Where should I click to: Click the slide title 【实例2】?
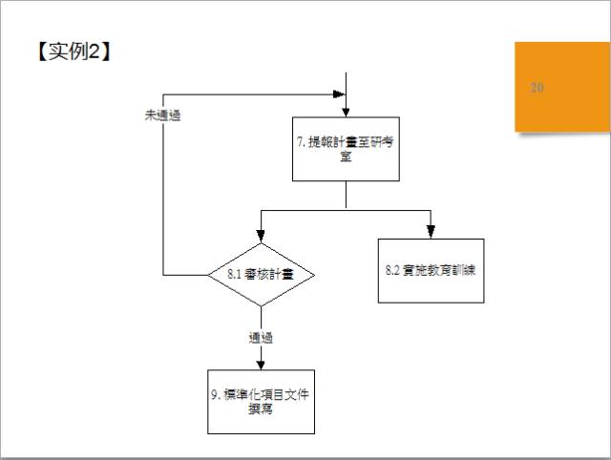click(74, 52)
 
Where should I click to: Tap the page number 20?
click(537, 88)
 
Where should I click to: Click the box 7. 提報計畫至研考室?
click(345, 149)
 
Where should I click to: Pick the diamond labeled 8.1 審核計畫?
click(261, 274)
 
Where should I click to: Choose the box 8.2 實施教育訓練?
click(431, 270)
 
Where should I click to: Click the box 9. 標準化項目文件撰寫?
click(261, 401)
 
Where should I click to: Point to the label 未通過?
click(162, 115)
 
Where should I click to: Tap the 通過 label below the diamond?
click(261, 337)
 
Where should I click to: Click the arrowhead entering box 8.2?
click(431, 232)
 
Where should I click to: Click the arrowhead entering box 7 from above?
click(345, 111)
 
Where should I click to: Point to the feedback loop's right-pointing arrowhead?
click(337, 94)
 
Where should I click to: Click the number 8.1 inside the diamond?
click(236, 274)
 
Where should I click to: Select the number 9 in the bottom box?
click(217, 394)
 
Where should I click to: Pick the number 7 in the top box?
click(301, 142)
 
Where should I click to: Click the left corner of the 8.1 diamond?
click(209, 274)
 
